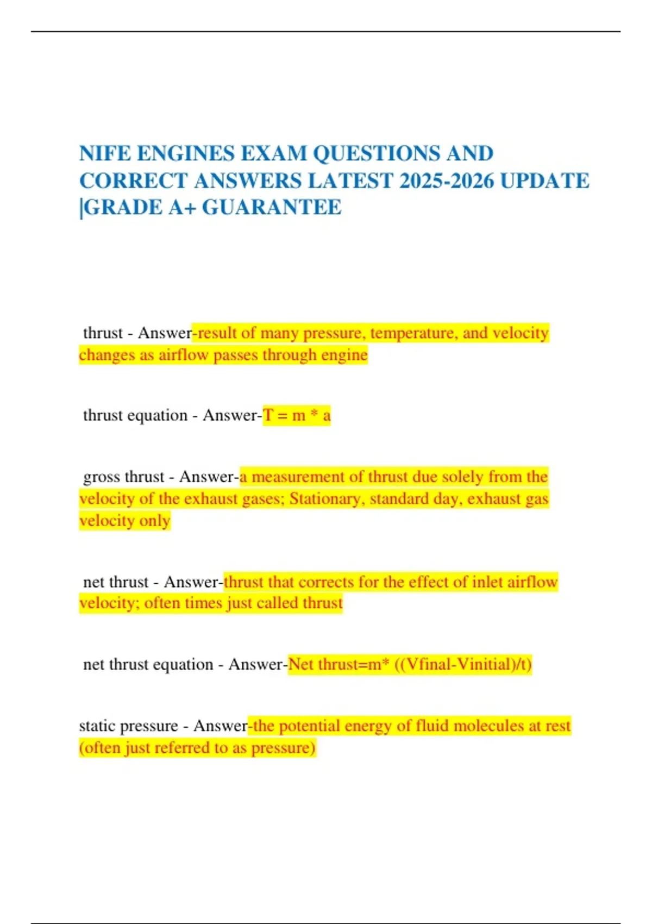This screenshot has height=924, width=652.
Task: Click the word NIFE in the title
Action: pos(105,153)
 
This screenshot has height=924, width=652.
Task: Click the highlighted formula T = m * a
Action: pos(297,416)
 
